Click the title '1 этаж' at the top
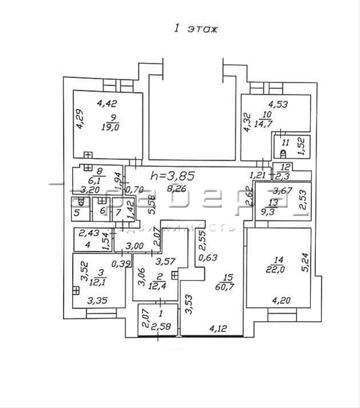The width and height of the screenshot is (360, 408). (196, 28)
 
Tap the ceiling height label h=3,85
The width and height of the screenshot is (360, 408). (172, 176)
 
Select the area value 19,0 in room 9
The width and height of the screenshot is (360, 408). (108, 127)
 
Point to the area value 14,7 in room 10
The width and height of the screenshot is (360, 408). (267, 122)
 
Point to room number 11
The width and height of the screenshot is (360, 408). (286, 142)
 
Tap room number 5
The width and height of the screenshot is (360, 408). (77, 212)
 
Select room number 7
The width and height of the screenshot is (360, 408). (118, 212)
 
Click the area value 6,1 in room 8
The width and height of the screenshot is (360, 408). (99, 179)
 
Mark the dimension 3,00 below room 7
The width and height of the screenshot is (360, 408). (135, 246)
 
